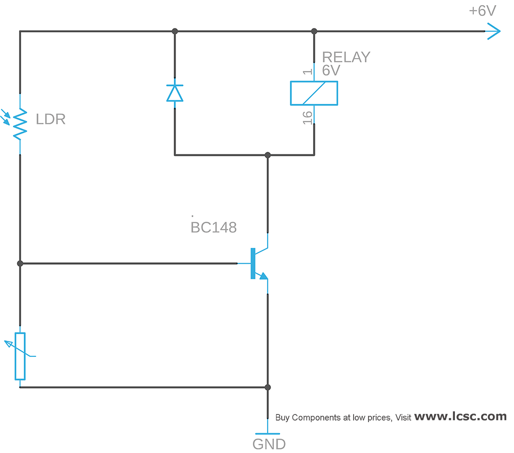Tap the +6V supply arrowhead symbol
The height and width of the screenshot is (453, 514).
(492, 31)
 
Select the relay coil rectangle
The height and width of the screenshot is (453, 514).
(314, 93)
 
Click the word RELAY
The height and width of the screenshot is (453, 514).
(346, 57)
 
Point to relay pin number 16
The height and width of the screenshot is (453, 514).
(307, 118)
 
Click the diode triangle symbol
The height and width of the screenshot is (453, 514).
(175, 93)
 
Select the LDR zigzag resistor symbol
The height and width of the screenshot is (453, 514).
(20, 123)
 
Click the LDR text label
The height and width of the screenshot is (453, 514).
(51, 120)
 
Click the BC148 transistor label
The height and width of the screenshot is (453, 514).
(213, 228)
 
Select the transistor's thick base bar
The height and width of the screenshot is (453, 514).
(253, 263)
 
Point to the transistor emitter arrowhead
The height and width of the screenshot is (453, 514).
(263, 276)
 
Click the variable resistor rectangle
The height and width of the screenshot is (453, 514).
(20, 356)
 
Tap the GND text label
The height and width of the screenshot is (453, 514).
(269, 444)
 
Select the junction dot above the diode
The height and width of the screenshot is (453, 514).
(175, 31)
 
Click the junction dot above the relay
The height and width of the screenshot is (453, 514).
(314, 31)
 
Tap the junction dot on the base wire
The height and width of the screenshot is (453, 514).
(20, 263)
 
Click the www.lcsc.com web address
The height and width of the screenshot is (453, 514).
(460, 416)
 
